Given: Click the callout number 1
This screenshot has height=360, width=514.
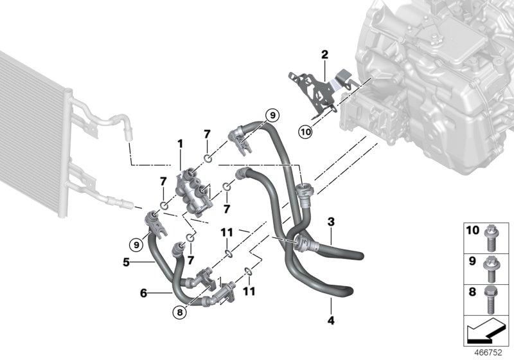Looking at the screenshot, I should pyautogui.click(x=181, y=144).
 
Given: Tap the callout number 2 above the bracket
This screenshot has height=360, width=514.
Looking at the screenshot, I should pyautogui.click(x=325, y=54).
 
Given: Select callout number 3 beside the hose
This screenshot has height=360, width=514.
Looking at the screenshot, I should pyautogui.click(x=330, y=222).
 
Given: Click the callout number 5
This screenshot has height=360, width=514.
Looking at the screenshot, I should pyautogui.click(x=127, y=262).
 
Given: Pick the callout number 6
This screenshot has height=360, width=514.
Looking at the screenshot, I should pyautogui.click(x=144, y=292).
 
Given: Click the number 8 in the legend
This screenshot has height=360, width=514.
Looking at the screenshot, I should pyautogui.click(x=473, y=290).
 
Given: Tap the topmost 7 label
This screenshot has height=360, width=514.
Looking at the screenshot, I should pyautogui.click(x=207, y=134).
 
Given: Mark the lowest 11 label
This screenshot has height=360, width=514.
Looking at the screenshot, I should pyautogui.click(x=249, y=291).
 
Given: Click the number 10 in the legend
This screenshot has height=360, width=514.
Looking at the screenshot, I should pyautogui.click(x=473, y=230).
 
